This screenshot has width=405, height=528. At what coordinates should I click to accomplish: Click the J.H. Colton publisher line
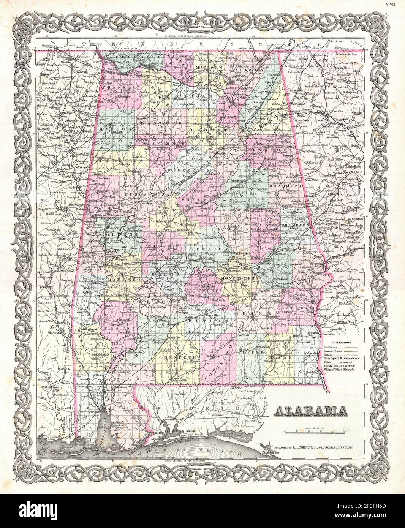310,449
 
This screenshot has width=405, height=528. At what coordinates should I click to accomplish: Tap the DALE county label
286,357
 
